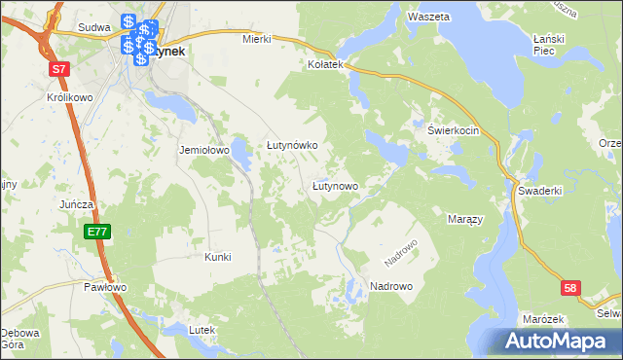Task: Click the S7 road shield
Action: pos(60,69)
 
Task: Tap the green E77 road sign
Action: pos(95,232)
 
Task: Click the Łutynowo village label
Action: pos(335,185)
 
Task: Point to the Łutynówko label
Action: pos(293,145)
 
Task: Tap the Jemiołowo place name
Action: pos(203,151)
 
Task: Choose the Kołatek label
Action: pos(326,64)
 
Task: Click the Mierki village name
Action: pos(256,40)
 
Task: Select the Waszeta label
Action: pos(428,18)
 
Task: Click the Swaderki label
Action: pos(540,191)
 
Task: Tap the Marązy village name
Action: pos(464,220)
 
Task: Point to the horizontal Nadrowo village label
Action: pos(391,286)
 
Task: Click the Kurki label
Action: pos(217,257)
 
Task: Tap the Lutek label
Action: pos(202,331)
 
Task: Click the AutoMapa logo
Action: pos(561,340)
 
